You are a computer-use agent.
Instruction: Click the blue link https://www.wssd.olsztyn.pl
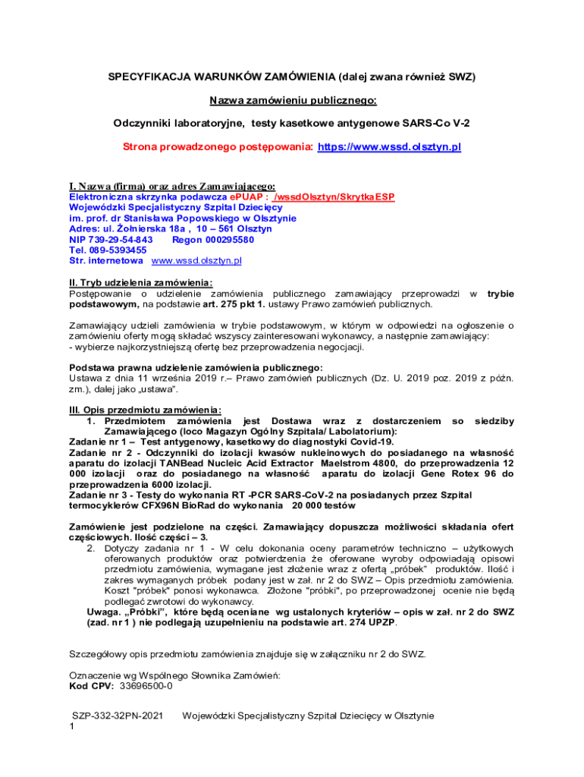click(388, 146)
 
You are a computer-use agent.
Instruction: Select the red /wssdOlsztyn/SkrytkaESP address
click(334, 197)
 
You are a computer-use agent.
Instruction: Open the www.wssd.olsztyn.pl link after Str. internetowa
click(196, 260)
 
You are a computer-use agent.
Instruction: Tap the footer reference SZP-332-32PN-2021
click(118, 716)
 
